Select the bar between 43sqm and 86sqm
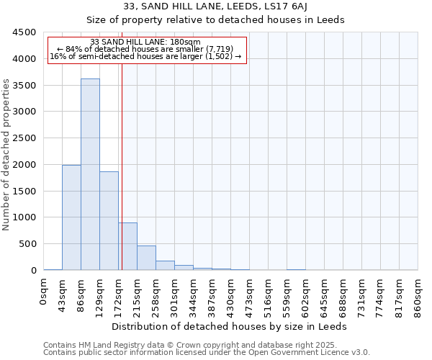coord(71,217)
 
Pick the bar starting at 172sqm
coord(128,246)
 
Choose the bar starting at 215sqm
coord(146,258)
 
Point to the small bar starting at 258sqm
coord(165,265)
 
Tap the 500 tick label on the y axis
coord(28,244)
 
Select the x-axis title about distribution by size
coord(230,326)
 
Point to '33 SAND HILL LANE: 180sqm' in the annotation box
coord(146,42)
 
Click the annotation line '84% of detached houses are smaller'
coord(146,49)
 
